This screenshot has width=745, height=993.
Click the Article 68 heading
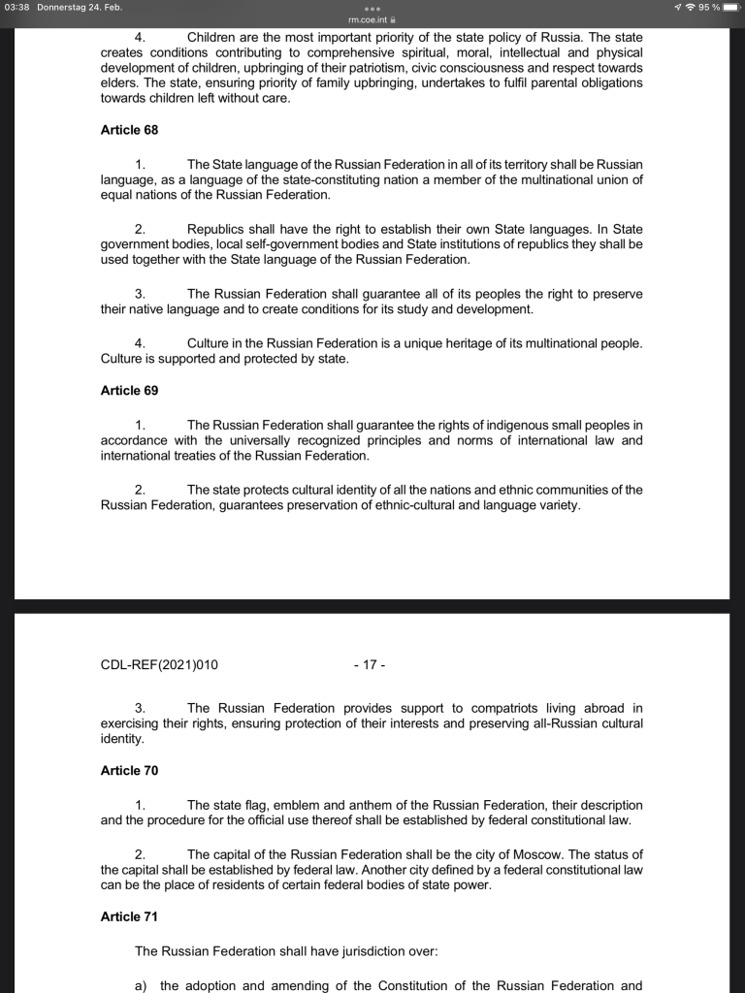click(129, 130)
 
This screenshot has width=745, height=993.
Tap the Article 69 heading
click(129, 391)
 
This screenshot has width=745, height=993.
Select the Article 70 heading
click(129, 771)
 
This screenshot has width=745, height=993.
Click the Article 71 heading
click(129, 917)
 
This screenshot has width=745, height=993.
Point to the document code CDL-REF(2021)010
click(159, 665)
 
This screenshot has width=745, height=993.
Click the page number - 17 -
click(370, 665)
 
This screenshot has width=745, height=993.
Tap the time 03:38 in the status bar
click(17, 8)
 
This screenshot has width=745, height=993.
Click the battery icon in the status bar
click(730, 8)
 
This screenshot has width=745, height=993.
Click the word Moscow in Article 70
click(530, 854)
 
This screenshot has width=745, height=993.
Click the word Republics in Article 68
click(219, 229)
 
